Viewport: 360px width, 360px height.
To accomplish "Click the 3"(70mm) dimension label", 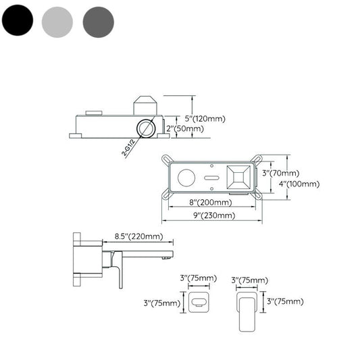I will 276,173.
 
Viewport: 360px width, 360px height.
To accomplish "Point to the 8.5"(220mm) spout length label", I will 139,236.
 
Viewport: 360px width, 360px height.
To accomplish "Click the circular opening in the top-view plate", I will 186,179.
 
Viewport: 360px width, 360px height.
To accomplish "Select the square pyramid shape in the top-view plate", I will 237,179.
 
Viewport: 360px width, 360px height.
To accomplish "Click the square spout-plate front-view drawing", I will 199,301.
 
